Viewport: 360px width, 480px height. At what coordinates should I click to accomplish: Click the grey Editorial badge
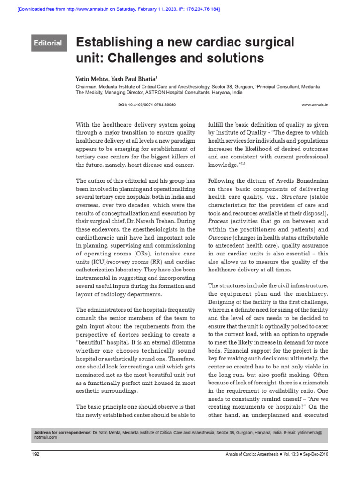[x=48, y=43]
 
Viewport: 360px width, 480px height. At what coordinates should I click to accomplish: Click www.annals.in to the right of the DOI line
[x=315, y=105]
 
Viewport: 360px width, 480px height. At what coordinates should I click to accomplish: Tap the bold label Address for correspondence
[x=62, y=432]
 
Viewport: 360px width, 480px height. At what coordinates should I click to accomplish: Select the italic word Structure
[x=295, y=197]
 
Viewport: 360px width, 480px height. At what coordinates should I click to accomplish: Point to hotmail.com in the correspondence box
[x=46, y=437]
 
